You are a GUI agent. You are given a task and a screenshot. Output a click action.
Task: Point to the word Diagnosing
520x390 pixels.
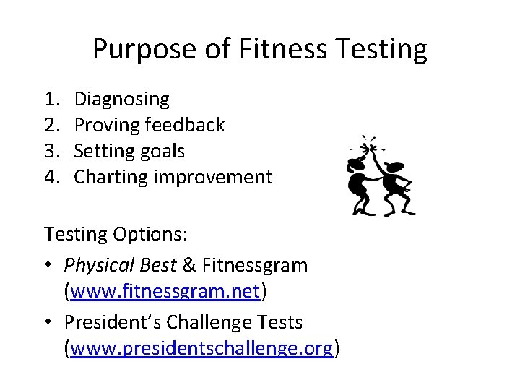point(122,99)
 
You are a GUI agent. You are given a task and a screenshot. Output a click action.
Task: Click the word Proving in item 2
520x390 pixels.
point(108,125)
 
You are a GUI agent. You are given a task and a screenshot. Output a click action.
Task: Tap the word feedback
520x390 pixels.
point(185,125)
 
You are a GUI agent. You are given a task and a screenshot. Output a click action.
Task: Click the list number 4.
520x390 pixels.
point(51,177)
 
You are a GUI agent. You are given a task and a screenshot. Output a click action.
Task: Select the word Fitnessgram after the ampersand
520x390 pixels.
point(255,265)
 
